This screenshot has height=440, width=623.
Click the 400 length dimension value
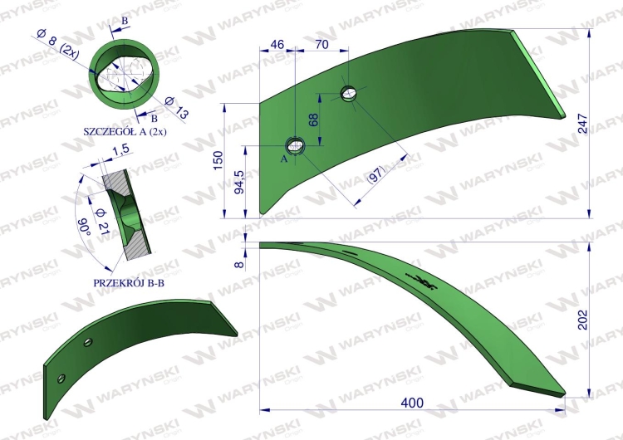[412, 403]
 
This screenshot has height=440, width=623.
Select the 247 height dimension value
[582, 124]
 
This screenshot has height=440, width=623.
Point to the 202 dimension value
[582, 320]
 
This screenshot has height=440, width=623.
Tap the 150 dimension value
[218, 160]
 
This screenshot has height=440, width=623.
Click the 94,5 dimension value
[239, 183]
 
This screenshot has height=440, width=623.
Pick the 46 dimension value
[277, 44]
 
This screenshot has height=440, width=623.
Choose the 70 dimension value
[321, 44]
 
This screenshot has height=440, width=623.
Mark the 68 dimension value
[313, 120]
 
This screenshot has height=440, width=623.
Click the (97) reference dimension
[376, 174]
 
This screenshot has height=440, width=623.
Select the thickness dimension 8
[239, 263]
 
